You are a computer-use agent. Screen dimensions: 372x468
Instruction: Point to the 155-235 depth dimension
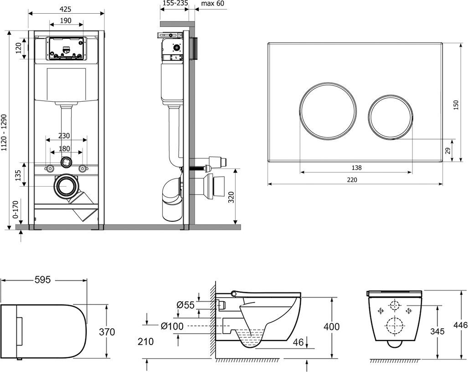[175, 3]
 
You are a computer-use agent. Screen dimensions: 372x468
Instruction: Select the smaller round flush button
[390, 117]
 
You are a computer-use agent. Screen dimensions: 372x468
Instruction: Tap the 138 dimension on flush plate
[356, 168]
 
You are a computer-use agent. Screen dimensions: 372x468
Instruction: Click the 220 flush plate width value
[352, 179]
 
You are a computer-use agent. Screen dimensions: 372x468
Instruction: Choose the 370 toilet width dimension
[108, 332]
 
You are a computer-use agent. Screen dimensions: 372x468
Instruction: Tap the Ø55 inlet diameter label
[186, 304]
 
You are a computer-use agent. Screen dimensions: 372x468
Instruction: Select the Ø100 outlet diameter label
[172, 325]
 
